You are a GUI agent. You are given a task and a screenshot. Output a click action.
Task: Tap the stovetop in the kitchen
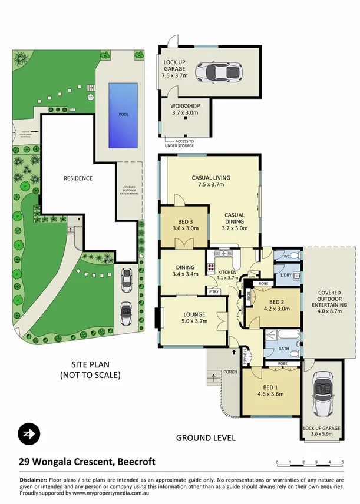[210, 266]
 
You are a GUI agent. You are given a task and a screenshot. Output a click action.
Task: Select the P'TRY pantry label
[212, 290]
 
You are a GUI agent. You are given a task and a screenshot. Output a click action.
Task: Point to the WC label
[287, 257]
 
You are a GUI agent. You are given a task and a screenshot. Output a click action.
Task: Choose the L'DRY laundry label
[287, 276]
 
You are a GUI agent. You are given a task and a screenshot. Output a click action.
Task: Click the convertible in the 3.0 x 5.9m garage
[323, 396]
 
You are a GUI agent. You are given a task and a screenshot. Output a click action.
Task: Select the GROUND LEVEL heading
[206, 437]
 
